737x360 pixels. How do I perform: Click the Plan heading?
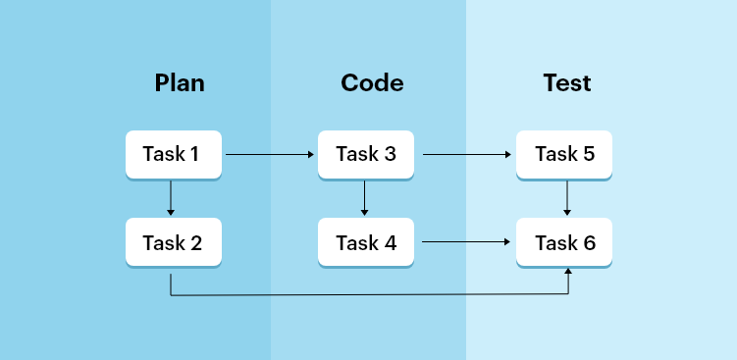[180, 83]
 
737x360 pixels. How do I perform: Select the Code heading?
[372, 83]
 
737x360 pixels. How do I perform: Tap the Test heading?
[567, 83]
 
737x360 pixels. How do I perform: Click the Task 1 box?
[173, 154]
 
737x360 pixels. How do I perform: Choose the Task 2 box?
[173, 241]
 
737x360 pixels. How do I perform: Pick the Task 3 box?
[366, 154]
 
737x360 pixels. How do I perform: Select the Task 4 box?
[366, 241]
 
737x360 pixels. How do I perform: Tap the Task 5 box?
[564, 154]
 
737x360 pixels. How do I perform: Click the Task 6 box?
[564, 241]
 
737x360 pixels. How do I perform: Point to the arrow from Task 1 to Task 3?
[270, 155]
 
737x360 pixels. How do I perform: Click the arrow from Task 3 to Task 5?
[467, 155]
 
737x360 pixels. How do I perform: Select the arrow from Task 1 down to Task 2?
[171, 198]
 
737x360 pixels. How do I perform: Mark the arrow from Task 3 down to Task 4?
[364, 198]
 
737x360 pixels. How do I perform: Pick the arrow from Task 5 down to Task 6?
[567, 198]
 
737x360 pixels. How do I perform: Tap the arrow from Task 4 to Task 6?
[467, 242]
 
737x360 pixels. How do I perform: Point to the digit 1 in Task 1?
[194, 154]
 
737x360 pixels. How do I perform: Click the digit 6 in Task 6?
[589, 241]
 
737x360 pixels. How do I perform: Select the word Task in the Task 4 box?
[354, 241]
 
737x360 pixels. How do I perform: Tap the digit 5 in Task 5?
[588, 154]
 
